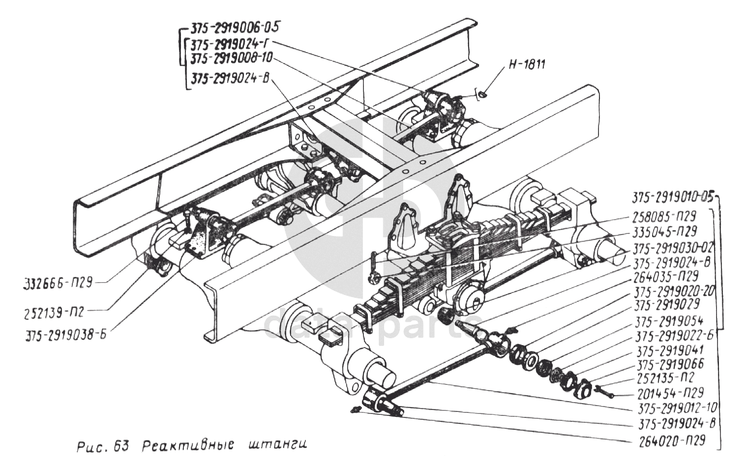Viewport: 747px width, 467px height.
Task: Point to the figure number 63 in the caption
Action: point(121,446)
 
